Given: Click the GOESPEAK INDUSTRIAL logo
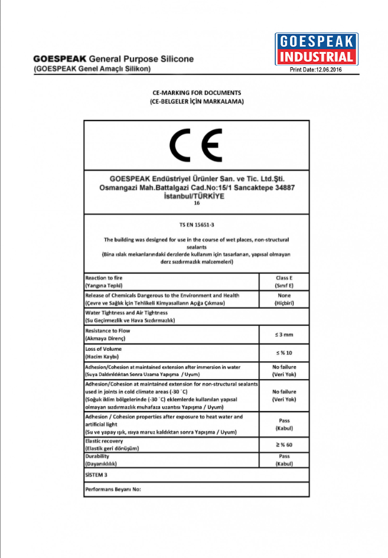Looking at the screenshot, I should click(x=316, y=49).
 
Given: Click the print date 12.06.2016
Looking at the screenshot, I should click(x=316, y=70).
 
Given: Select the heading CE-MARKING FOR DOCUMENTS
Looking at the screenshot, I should click(x=196, y=93).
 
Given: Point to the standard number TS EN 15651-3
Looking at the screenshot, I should click(x=196, y=225).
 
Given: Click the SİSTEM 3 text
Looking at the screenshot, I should click(x=99, y=475).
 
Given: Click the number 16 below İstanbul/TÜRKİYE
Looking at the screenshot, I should click(x=197, y=203).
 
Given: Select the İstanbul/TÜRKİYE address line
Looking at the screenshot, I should click(x=197, y=195).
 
